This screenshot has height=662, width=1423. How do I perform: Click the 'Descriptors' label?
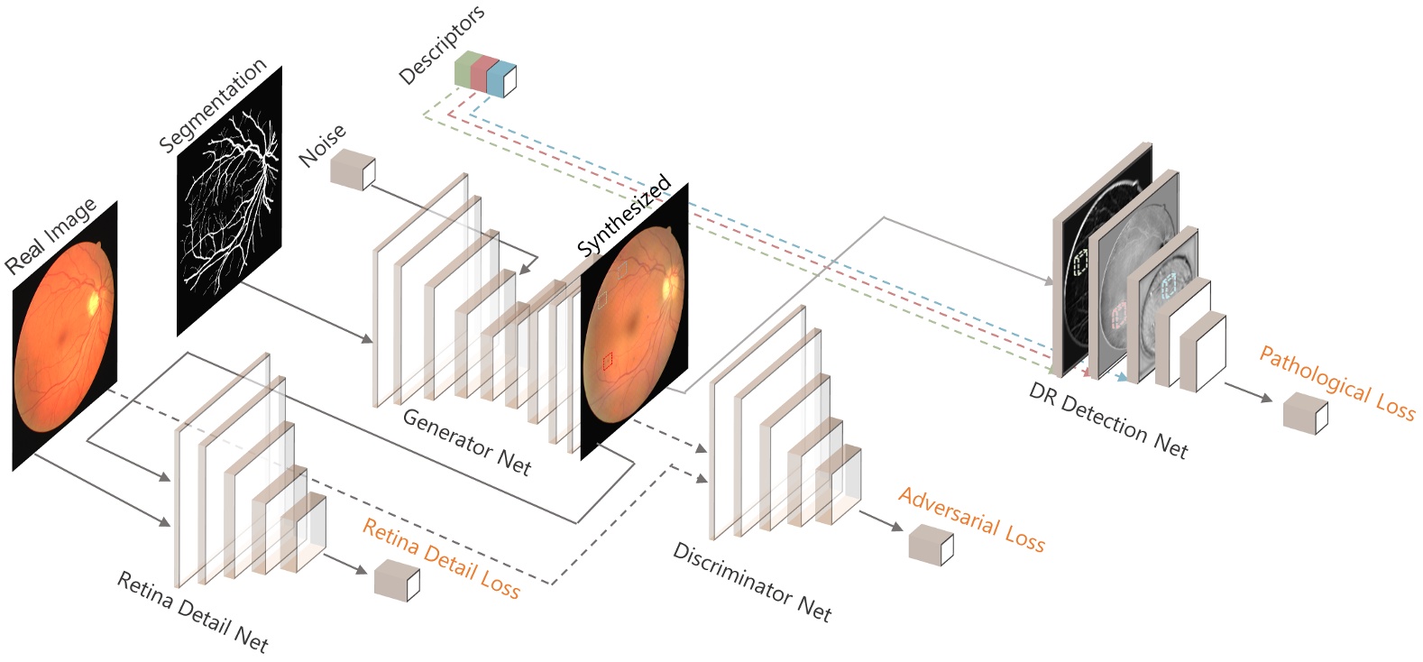442,44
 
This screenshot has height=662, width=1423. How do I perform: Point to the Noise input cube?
352,170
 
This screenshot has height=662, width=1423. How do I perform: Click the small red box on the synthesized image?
608,362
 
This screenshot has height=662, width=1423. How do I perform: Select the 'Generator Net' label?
466,441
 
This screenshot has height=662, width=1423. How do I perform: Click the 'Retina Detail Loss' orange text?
441,559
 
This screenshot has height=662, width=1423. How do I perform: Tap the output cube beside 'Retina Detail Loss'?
396,580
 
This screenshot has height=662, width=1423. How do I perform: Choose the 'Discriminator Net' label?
751,582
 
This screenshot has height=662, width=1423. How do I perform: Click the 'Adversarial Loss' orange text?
971,520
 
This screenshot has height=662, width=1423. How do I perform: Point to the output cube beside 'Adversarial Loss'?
930,545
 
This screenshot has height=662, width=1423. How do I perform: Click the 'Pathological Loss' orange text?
1336,382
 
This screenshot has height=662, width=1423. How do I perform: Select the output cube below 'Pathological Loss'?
1305,413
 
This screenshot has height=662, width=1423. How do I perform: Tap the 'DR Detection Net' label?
1107,419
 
